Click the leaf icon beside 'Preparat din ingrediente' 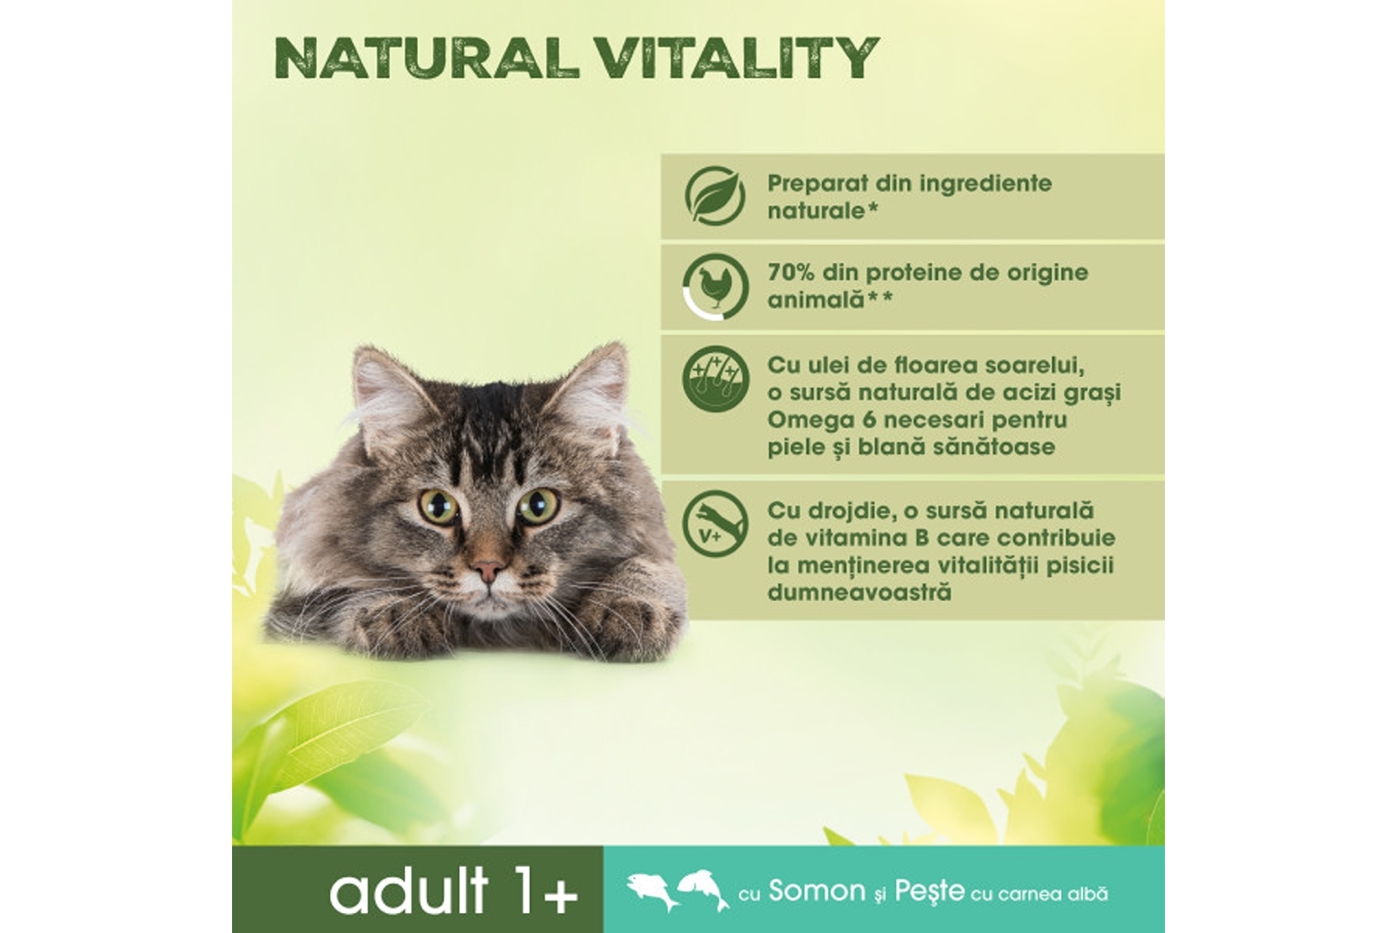point(714,196)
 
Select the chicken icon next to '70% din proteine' point(715,287)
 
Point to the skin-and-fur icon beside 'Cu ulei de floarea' point(715,380)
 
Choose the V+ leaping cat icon point(714,525)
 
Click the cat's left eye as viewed point(439,506)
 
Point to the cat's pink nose point(487,570)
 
